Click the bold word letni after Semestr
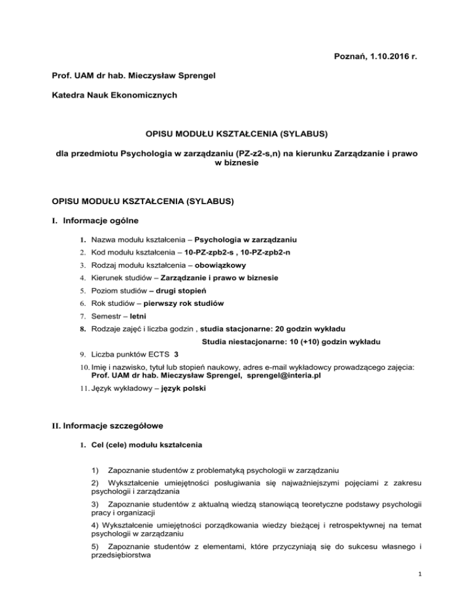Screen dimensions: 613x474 [x=150, y=316]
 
